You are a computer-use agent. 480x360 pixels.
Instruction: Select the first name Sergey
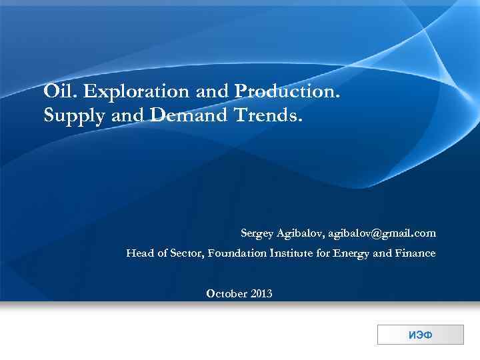click(257, 234)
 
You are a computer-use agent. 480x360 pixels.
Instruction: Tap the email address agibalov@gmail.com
click(382, 233)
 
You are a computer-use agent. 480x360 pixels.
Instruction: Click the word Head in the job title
click(139, 253)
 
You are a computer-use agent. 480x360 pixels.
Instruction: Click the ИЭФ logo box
click(420, 335)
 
